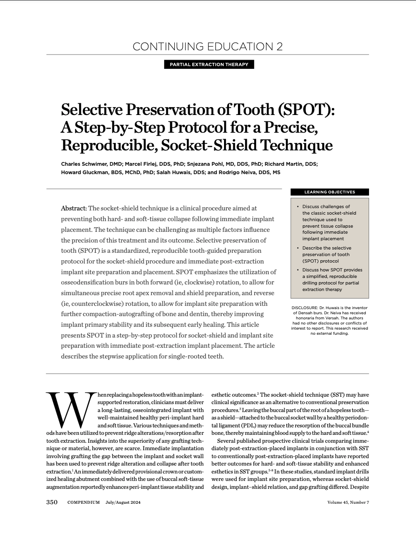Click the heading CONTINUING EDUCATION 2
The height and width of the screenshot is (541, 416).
click(x=207, y=47)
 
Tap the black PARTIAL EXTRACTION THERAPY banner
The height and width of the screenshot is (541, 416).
click(x=209, y=64)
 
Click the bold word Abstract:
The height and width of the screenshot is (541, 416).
click(x=74, y=208)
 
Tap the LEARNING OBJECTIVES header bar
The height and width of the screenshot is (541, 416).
click(x=330, y=192)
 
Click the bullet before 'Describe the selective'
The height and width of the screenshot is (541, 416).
click(x=297, y=248)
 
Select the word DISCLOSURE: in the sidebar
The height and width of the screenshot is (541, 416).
click(x=305, y=308)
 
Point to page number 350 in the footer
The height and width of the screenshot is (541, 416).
click(x=52, y=502)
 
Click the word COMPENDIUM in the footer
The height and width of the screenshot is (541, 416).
click(x=83, y=503)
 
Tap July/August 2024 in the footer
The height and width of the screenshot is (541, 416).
click(x=123, y=503)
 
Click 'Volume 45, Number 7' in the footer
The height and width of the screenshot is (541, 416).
click(x=348, y=503)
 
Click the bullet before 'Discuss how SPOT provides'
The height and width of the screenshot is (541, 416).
click(x=297, y=270)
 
